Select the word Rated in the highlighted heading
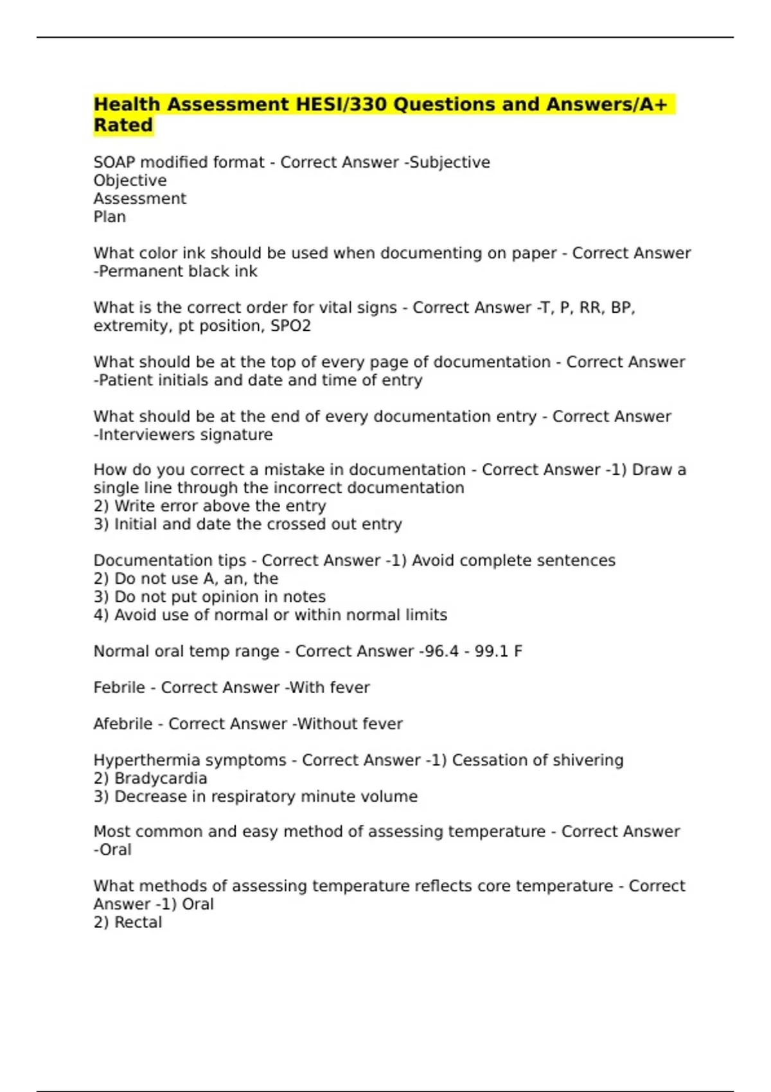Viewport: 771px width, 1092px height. click(123, 125)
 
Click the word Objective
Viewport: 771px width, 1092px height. click(130, 181)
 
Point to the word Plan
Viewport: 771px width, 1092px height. click(110, 217)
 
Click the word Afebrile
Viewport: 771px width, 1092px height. click(123, 724)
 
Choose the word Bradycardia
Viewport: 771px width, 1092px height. click(161, 779)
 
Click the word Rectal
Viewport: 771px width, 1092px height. click(137, 922)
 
